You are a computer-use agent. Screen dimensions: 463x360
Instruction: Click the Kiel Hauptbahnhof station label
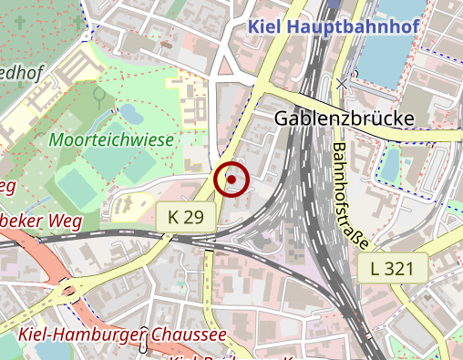pyautogui.click(x=334, y=26)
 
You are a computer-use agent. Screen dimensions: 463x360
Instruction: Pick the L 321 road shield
pyautogui.click(x=399, y=269)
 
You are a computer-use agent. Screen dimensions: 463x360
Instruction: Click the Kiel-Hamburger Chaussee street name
pyautogui.click(x=122, y=335)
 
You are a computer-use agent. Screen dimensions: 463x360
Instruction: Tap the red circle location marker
pyautogui.click(x=232, y=180)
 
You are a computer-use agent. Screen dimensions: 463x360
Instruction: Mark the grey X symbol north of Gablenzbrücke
pyautogui.click(x=343, y=84)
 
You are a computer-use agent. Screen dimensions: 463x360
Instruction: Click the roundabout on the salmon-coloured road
pyautogui.click(x=67, y=293)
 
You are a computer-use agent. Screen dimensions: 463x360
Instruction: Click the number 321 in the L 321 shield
pyautogui.click(x=406, y=269)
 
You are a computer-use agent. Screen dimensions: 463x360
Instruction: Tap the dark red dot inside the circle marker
pyautogui.click(x=232, y=180)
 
